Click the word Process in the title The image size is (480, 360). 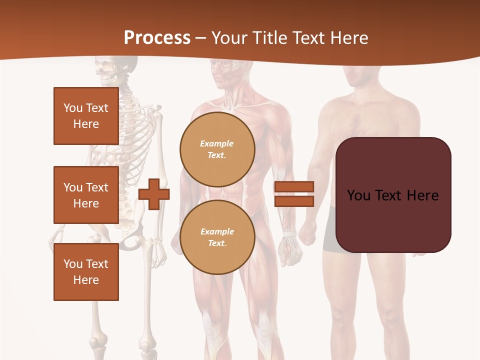coord(157,38)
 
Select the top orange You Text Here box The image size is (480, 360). coord(86,116)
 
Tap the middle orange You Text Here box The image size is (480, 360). coord(86,195)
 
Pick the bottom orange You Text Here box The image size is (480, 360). coord(86,272)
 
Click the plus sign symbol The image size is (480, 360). coord(154,194)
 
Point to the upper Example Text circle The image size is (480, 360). coord(217,149)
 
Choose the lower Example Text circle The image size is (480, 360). coord(217,237)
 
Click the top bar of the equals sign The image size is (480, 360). coord(294,187)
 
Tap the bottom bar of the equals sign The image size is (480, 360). coord(294,201)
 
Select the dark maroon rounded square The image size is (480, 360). coord(393,195)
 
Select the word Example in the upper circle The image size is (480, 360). coord(217,143)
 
